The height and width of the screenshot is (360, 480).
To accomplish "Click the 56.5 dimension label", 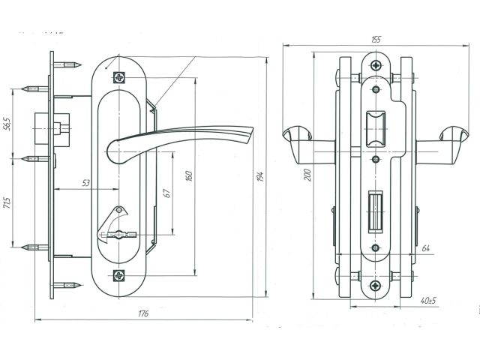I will tap(7, 122).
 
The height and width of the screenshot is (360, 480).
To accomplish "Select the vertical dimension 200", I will tap(307, 175).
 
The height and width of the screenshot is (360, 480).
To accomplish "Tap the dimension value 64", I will tap(426, 247).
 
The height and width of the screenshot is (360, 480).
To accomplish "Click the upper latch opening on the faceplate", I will tap(374, 127).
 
